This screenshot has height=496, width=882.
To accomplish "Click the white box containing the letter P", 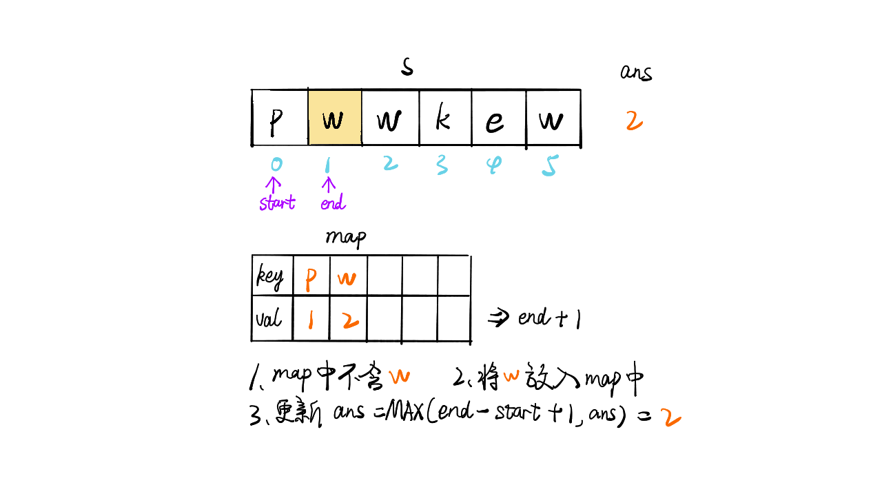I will tap(280, 118).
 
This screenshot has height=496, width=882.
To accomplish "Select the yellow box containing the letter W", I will tap(334, 118).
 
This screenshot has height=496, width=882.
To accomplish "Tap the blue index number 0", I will tap(276, 165).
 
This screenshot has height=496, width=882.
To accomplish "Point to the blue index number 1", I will tap(328, 165).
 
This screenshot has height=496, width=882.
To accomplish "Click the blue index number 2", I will tap(390, 163).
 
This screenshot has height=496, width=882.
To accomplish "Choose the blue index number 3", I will tap(442, 165).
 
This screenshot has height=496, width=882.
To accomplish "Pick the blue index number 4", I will tap(493, 165).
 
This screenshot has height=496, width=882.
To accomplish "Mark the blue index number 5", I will tap(549, 165).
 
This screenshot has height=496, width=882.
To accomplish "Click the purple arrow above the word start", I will tap(274, 185).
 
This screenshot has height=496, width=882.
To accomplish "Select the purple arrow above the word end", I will tap(329, 185).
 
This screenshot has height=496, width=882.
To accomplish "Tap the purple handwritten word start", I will tap(277, 203).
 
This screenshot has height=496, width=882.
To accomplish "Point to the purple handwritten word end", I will tap(333, 203).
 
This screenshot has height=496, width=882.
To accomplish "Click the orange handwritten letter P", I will tap(311, 280).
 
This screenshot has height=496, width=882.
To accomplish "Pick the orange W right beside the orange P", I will tap(347, 279).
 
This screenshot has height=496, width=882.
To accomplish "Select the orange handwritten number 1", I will tap(311, 320).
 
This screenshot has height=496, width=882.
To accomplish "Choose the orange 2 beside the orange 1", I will tap(351, 320).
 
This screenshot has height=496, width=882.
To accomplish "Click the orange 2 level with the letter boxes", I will tap(634, 121).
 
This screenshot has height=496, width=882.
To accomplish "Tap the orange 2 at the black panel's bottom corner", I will tap(670, 417).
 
